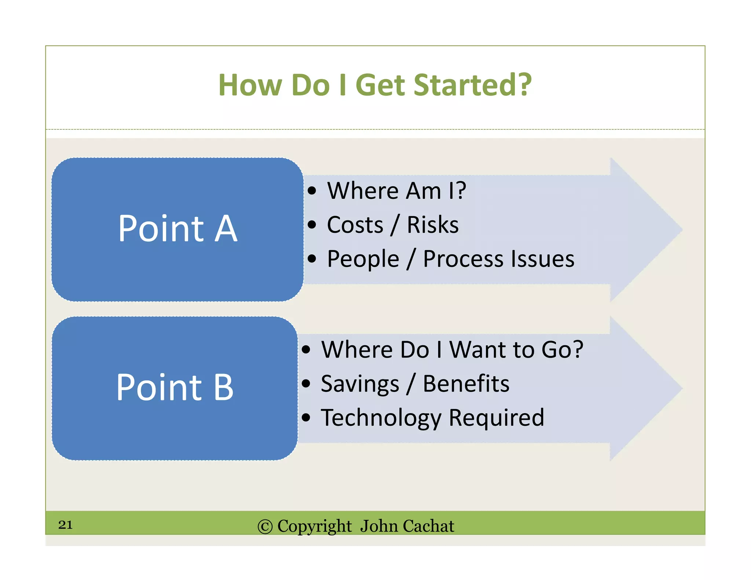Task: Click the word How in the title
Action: point(250,85)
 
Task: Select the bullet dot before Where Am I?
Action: point(312,191)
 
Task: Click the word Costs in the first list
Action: point(355,225)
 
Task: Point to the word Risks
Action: point(433,225)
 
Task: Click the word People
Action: point(363,259)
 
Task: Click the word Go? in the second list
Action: point(562,349)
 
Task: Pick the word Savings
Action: point(360,384)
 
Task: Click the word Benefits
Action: point(466,384)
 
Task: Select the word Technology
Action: point(381,418)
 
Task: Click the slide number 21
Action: point(65,525)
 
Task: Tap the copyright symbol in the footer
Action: point(265,527)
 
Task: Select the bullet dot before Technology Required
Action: point(306,417)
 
